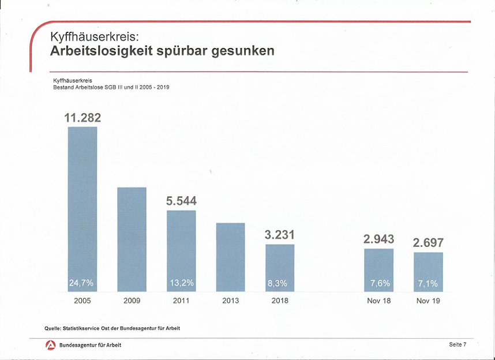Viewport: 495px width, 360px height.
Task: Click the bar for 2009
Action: (x=132, y=239)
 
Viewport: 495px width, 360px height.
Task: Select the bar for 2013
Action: (x=230, y=257)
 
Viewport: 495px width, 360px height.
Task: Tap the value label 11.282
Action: (x=82, y=118)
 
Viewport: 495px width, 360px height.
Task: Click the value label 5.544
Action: (x=181, y=201)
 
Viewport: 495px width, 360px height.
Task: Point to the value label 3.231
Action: (x=280, y=235)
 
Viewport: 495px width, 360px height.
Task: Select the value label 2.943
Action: (x=378, y=239)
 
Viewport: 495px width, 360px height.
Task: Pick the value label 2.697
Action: (x=428, y=243)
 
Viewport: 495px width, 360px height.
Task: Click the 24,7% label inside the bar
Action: (x=82, y=283)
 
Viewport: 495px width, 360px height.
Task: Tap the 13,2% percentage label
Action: (x=181, y=283)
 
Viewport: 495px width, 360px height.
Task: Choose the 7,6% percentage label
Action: (x=378, y=283)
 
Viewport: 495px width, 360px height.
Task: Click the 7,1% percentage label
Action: (x=428, y=283)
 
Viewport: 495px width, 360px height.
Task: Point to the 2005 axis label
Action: (x=82, y=301)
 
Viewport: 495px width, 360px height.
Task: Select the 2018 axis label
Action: (x=280, y=301)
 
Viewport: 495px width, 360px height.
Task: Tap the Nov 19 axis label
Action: (x=428, y=301)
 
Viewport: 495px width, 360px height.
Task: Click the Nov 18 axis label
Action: (x=378, y=301)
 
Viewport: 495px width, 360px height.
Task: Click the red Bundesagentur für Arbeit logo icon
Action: (x=50, y=345)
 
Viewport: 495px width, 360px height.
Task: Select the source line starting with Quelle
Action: (x=112, y=328)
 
